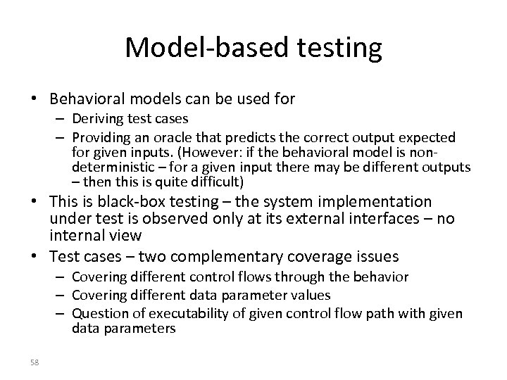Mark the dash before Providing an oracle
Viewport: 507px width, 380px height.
pos(61,137)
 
